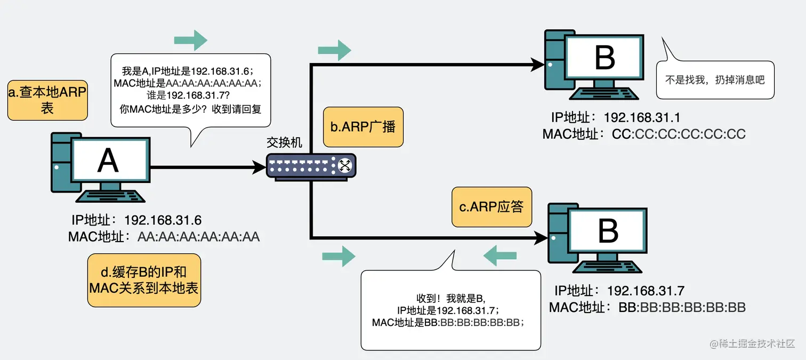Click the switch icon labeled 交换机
click(311, 166)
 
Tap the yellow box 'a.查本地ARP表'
click(47, 100)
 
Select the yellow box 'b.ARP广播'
click(363, 127)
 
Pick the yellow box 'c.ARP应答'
click(491, 207)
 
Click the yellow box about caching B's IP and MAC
click(144, 280)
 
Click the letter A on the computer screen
click(108, 159)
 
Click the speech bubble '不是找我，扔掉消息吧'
click(715, 80)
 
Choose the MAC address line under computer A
click(164, 237)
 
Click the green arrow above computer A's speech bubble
click(190, 41)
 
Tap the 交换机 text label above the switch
click(284, 142)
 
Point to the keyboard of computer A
click(109, 196)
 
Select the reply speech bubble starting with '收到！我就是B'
click(450, 310)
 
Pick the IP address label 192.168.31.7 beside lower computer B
click(619, 291)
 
